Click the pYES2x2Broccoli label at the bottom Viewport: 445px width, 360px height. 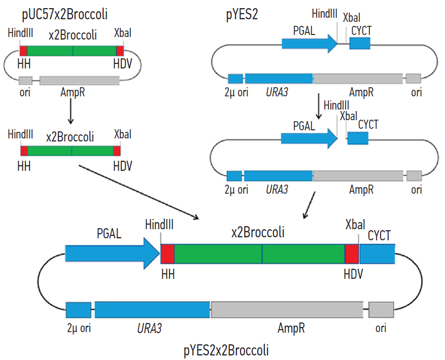pos(226,350)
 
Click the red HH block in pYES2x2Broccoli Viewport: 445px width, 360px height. pos(168,254)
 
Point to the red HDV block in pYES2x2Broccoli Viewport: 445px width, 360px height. pos(352,254)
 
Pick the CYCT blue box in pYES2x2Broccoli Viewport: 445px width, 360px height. pos(377,254)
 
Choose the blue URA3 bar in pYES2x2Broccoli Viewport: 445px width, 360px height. pos(152,310)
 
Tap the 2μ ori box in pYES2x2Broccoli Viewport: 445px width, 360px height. pos(78,310)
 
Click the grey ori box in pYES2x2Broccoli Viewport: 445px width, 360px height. pos(381,309)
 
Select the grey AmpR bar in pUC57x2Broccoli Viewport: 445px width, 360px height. pos(80,81)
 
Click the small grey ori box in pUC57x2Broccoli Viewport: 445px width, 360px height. pos(25,80)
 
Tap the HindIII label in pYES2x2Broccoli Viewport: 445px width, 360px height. pos(159,224)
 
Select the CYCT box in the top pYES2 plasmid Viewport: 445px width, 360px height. pos(360,44)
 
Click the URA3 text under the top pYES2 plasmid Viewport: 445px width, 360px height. pos(277,92)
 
